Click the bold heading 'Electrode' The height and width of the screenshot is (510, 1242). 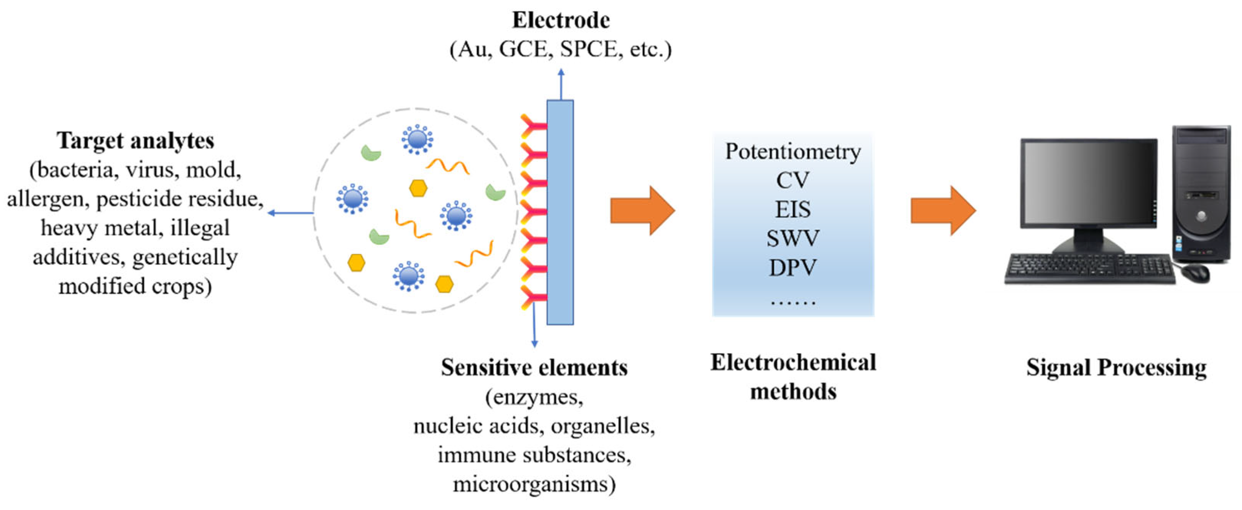561,20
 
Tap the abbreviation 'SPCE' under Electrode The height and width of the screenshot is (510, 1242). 588,49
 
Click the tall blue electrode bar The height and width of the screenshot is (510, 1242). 560,212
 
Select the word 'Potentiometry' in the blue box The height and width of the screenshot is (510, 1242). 793,152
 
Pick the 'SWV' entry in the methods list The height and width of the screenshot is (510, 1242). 793,238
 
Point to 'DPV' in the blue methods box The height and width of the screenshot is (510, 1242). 793,267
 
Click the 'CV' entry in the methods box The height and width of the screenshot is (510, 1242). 793,180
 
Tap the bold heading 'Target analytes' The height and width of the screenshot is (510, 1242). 135,141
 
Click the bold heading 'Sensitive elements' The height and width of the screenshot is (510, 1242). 534,368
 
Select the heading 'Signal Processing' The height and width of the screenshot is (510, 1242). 1116,368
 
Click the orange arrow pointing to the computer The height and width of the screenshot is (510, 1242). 943,211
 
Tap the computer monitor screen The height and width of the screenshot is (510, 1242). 1089,182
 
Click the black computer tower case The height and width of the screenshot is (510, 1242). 1201,193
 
